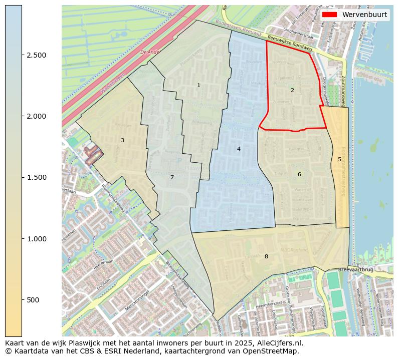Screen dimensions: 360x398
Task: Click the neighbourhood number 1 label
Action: [198, 86]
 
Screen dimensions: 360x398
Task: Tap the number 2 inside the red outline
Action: [292, 91]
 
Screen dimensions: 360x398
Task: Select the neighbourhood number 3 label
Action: [122, 141]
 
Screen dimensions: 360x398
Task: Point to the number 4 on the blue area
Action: [239, 149]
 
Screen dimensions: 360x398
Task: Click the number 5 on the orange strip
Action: [339, 160]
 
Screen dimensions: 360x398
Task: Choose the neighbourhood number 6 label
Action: [299, 175]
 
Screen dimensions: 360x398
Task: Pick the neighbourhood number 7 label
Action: [172, 178]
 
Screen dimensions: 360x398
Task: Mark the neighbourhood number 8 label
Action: [266, 257]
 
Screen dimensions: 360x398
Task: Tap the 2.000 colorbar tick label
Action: [37, 116]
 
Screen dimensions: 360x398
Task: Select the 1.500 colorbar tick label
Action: [37, 177]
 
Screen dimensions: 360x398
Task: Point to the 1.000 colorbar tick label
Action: [37, 239]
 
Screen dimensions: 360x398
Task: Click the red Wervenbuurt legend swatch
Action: [329, 15]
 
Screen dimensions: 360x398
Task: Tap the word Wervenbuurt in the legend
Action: [364, 15]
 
